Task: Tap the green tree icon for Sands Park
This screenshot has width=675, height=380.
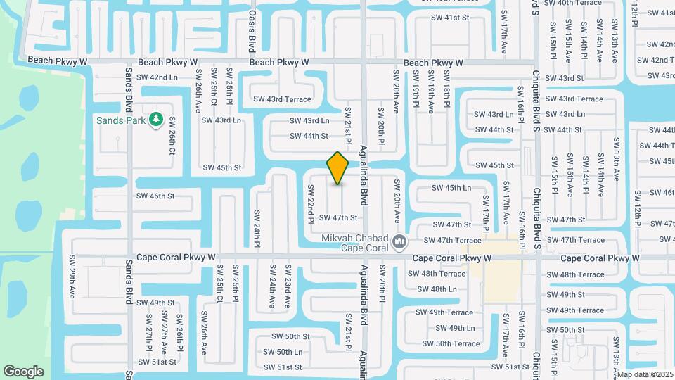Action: click(x=155, y=120)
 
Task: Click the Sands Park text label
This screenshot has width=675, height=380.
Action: click(x=121, y=120)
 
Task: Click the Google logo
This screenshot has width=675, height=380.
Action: click(x=23, y=372)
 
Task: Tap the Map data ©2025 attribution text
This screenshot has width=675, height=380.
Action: click(x=645, y=374)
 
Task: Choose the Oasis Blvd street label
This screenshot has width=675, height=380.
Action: click(x=251, y=32)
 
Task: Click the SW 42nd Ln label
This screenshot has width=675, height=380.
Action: click(x=157, y=77)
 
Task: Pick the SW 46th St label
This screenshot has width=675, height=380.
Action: click(x=155, y=196)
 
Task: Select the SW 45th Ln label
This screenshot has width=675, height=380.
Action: click(x=451, y=188)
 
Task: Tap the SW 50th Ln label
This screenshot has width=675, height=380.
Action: click(x=283, y=352)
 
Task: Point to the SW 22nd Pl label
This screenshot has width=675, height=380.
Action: click(x=310, y=205)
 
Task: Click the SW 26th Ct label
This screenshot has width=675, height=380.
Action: click(x=172, y=136)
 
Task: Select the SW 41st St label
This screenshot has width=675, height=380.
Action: click(x=449, y=17)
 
